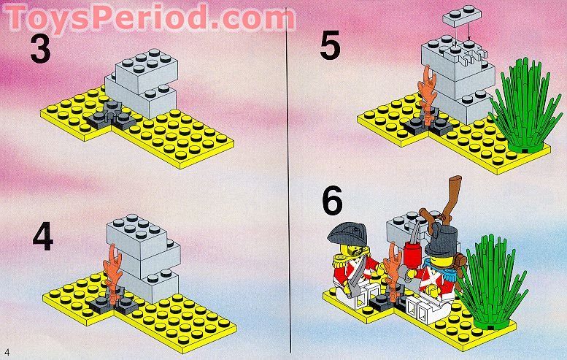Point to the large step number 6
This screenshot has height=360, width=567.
tap(331, 202)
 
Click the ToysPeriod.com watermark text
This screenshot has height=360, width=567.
tap(150, 16)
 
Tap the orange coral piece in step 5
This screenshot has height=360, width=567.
tap(425, 91)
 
